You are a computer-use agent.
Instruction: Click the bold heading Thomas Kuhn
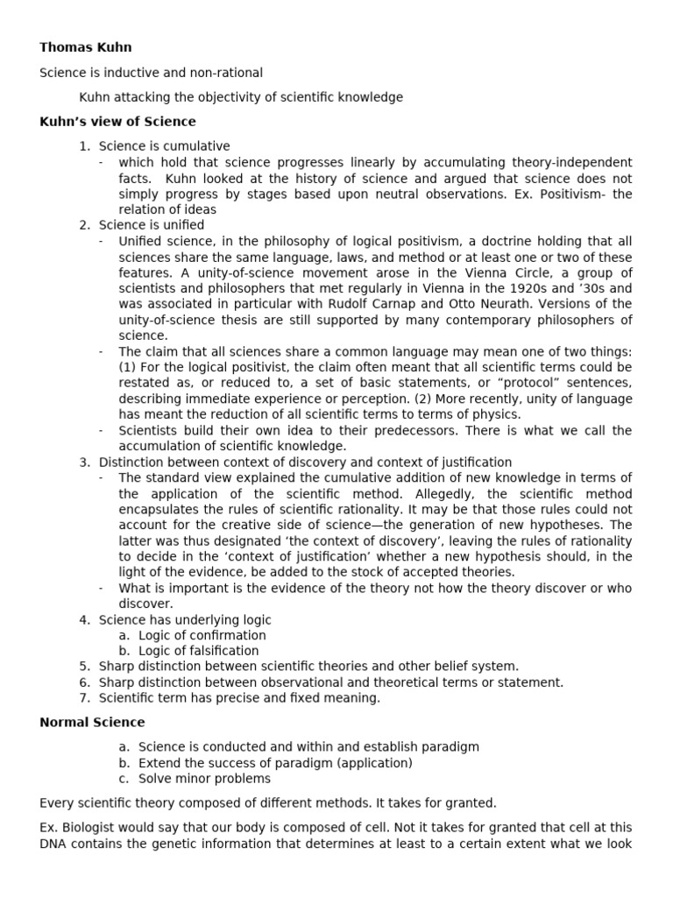click(x=86, y=47)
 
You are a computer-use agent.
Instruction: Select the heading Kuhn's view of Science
click(x=118, y=122)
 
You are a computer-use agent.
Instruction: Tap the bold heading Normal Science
click(x=93, y=723)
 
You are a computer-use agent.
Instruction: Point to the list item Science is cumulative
click(x=164, y=146)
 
